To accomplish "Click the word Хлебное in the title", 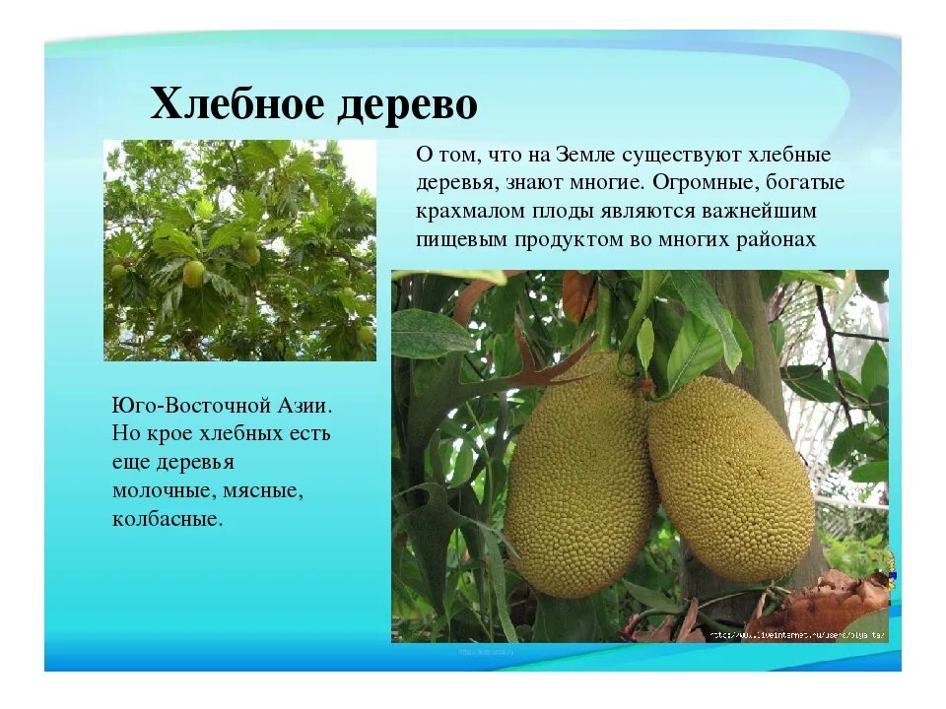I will tap(236, 102).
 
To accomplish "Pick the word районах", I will tap(782, 238).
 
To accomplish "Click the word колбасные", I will tap(168, 518).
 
